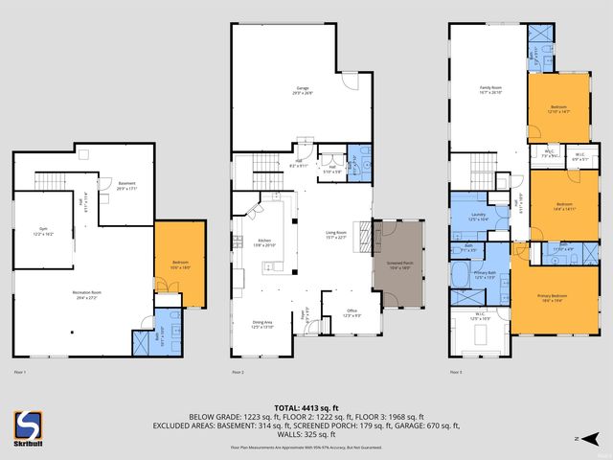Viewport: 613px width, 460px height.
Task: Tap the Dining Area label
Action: pyautogui.click(x=262, y=325)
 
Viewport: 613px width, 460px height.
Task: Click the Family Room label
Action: pyautogui.click(x=490, y=93)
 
